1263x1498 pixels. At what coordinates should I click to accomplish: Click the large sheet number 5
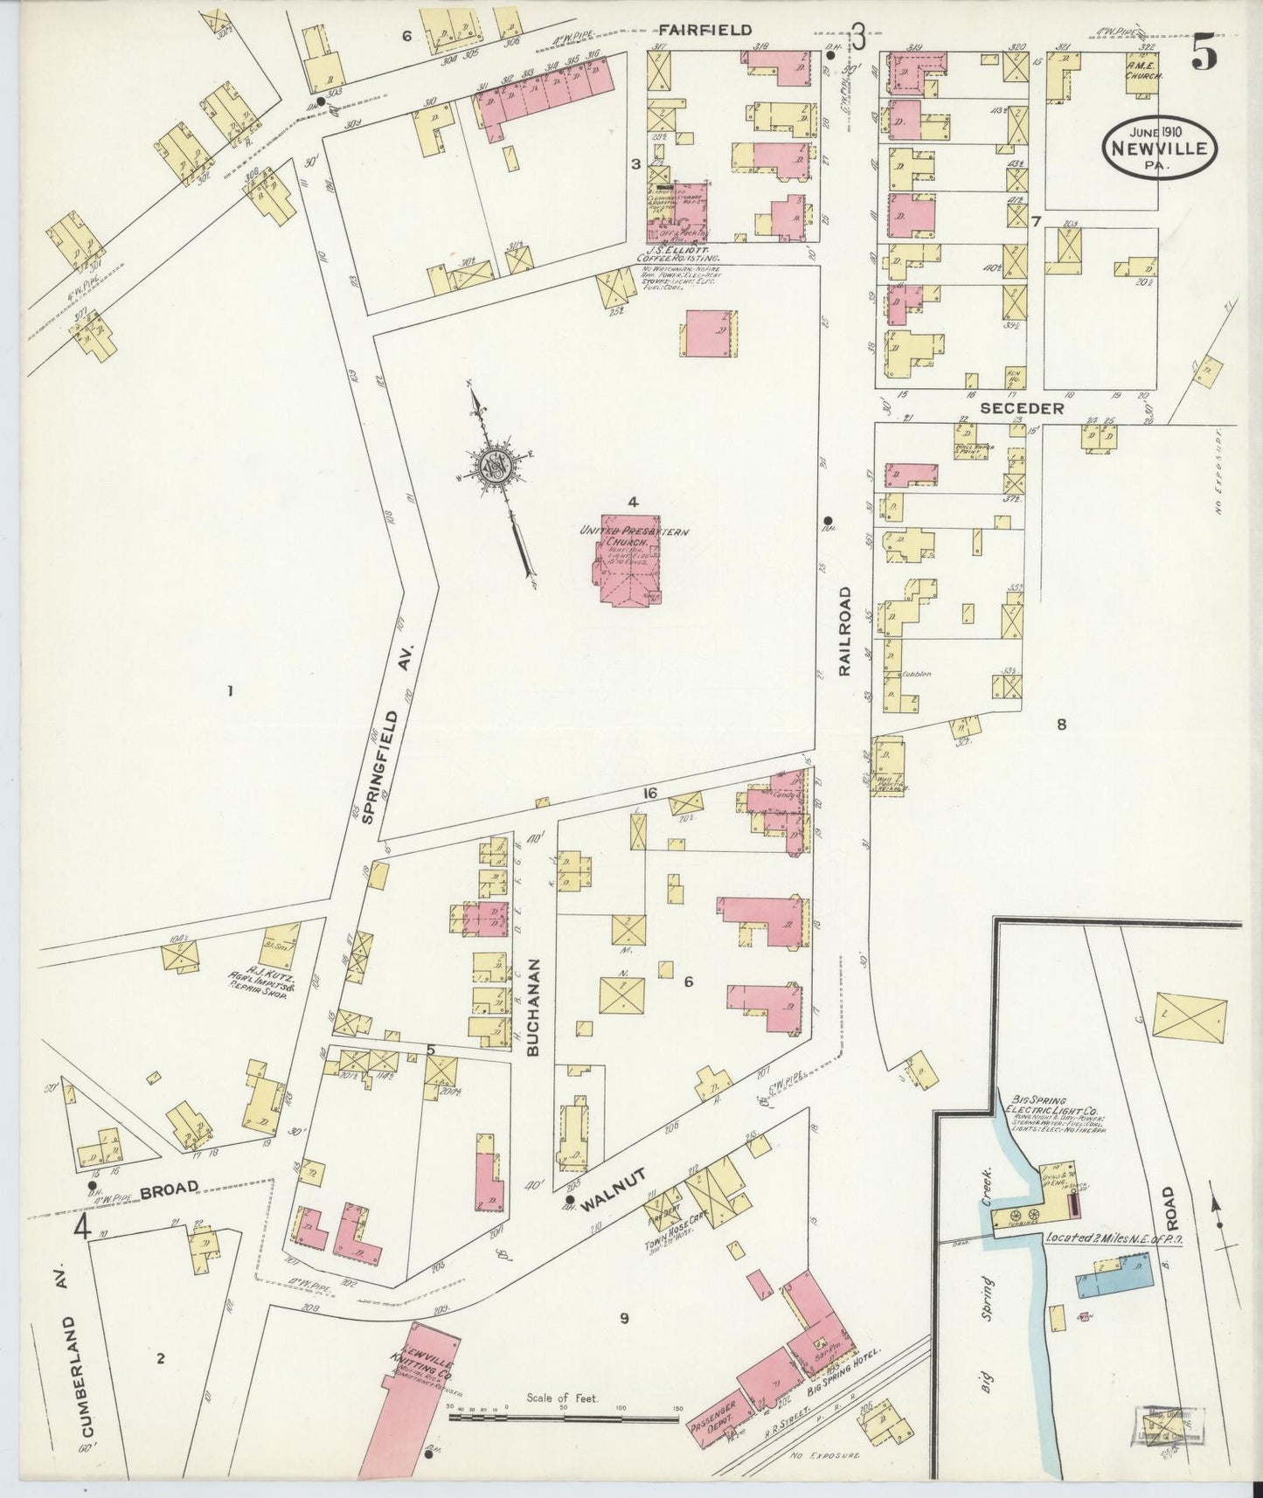click(x=1204, y=56)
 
